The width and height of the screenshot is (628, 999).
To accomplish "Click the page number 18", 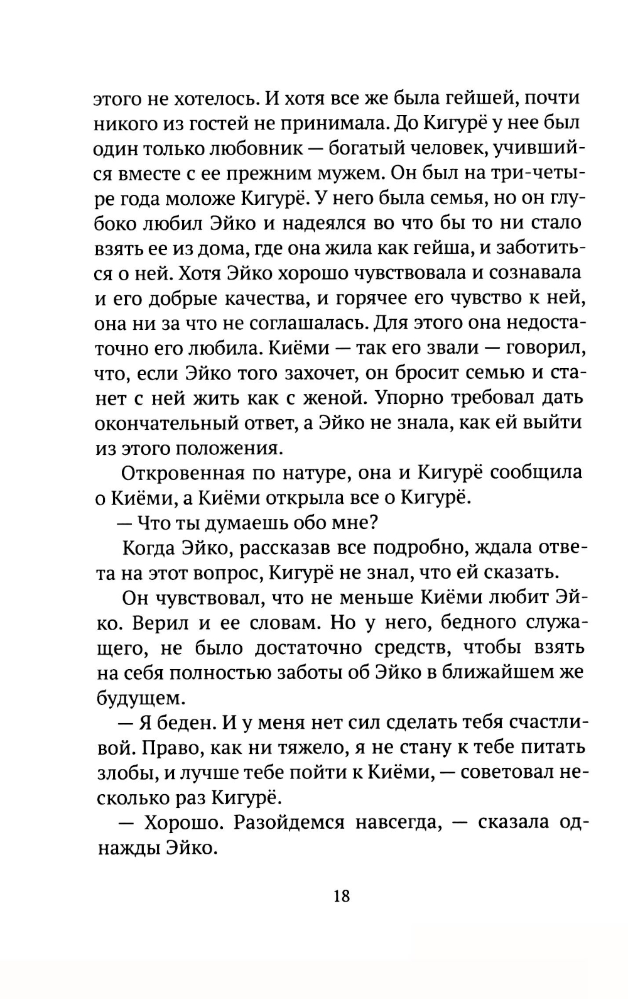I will tap(342, 895).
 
